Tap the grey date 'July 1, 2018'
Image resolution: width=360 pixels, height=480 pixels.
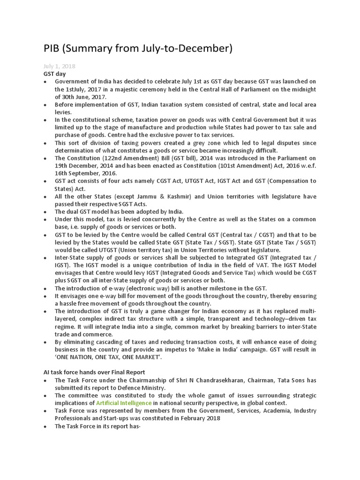(x=59, y=66)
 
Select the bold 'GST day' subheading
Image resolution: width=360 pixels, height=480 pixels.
(x=54, y=74)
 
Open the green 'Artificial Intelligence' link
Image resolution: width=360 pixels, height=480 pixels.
(x=124, y=403)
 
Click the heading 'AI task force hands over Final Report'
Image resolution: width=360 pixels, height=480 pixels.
(x=94, y=372)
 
